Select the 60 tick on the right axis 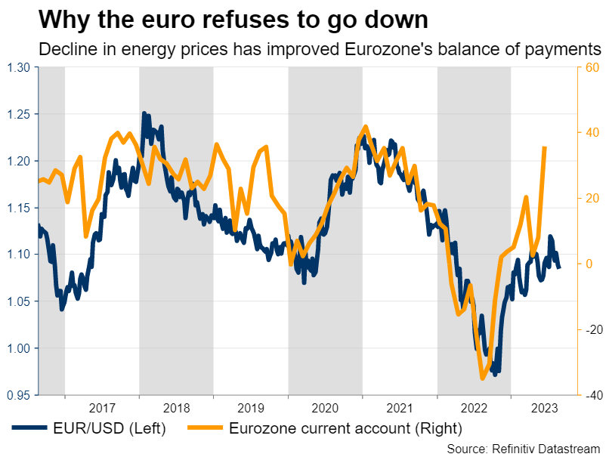(592, 68)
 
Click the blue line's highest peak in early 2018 (144, 114)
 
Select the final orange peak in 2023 (545, 147)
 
